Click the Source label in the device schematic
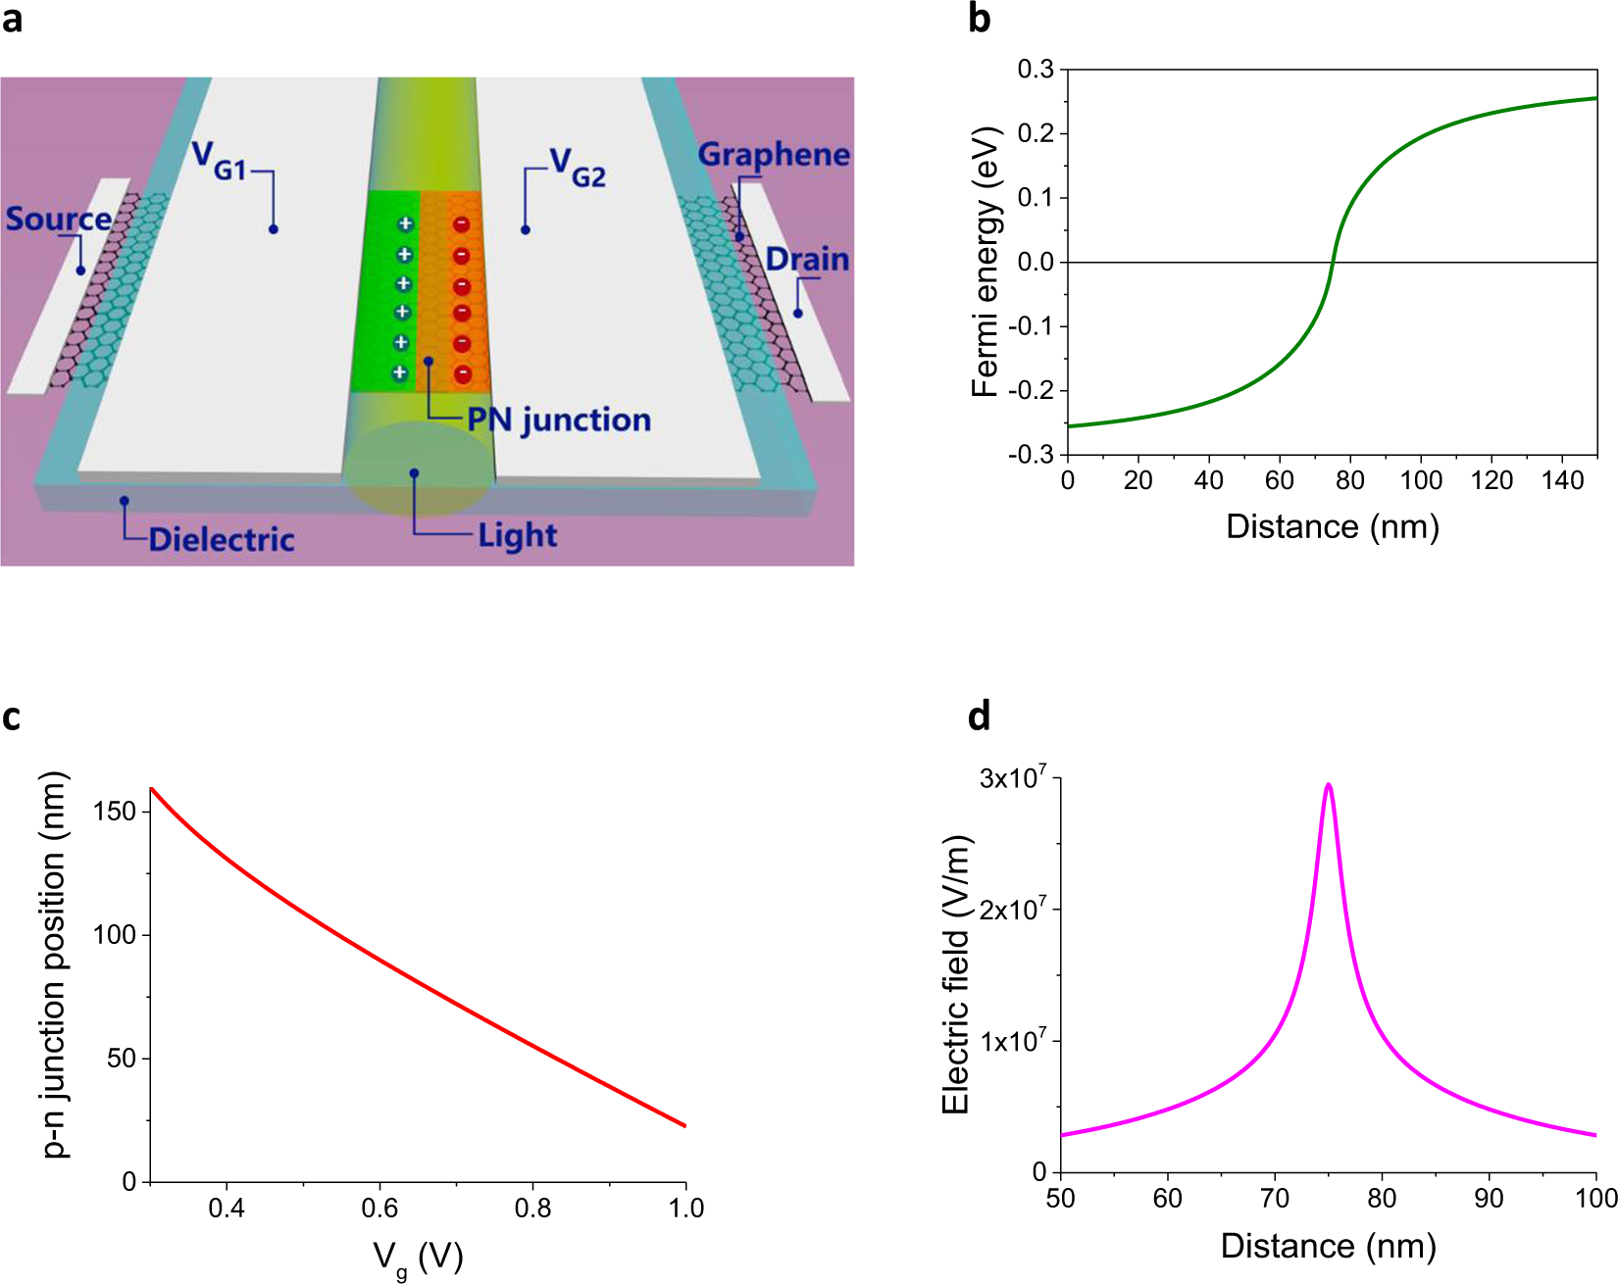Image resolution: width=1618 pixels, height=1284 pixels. (58, 219)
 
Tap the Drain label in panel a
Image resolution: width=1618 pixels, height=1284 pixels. (807, 260)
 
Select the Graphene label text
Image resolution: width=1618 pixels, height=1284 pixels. (774, 155)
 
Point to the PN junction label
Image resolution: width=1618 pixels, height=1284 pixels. (558, 420)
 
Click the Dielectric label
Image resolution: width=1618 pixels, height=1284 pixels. (222, 539)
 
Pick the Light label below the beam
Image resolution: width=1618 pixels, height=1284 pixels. (517, 535)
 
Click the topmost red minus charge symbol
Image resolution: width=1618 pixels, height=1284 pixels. (461, 224)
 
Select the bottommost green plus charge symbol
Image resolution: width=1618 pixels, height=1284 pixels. (399, 372)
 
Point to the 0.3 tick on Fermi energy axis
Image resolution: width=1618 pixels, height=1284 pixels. (1036, 70)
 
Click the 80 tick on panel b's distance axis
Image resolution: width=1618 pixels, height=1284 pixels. (1349, 480)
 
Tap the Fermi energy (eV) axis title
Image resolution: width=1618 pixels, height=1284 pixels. (985, 262)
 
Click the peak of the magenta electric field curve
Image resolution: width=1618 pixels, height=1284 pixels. (1328, 785)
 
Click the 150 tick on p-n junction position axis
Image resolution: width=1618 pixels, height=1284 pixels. (115, 812)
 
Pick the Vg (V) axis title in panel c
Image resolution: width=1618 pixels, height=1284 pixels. (417, 1258)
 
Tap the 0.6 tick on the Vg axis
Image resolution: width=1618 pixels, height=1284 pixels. (379, 1208)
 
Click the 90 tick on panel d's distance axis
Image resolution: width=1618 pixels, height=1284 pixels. (1489, 1198)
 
